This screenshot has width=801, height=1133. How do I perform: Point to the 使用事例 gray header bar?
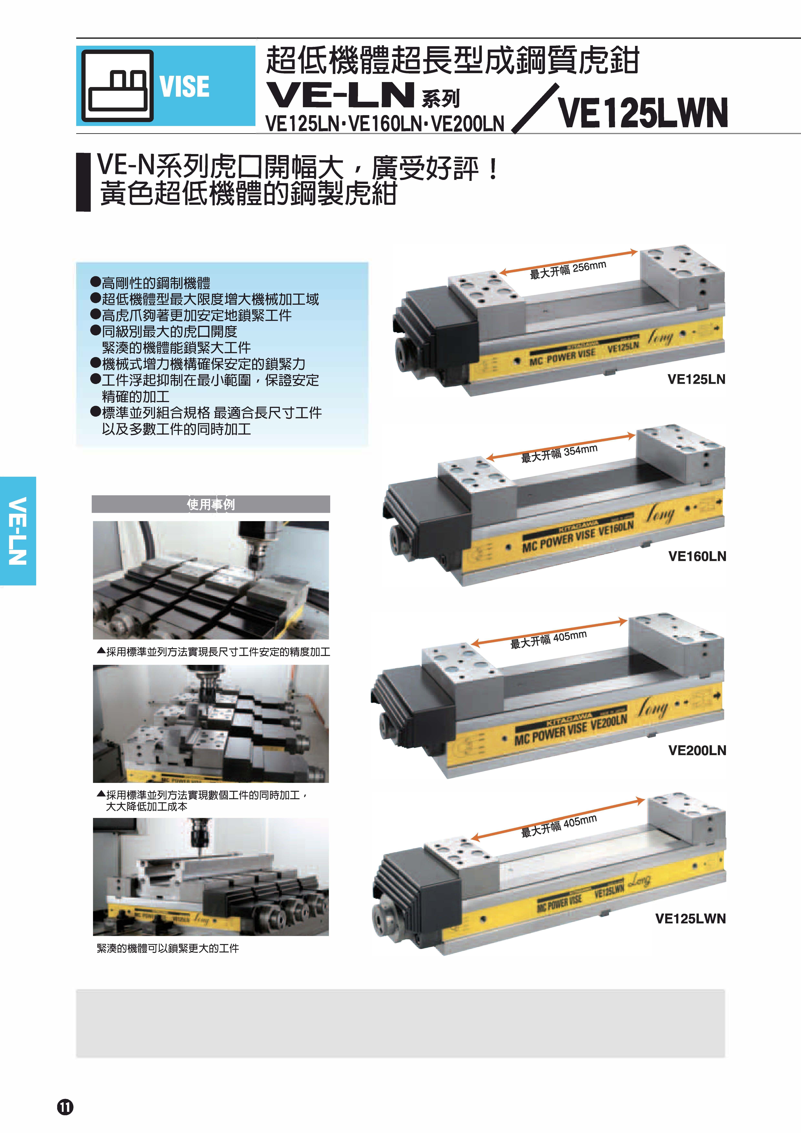click(x=211, y=504)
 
